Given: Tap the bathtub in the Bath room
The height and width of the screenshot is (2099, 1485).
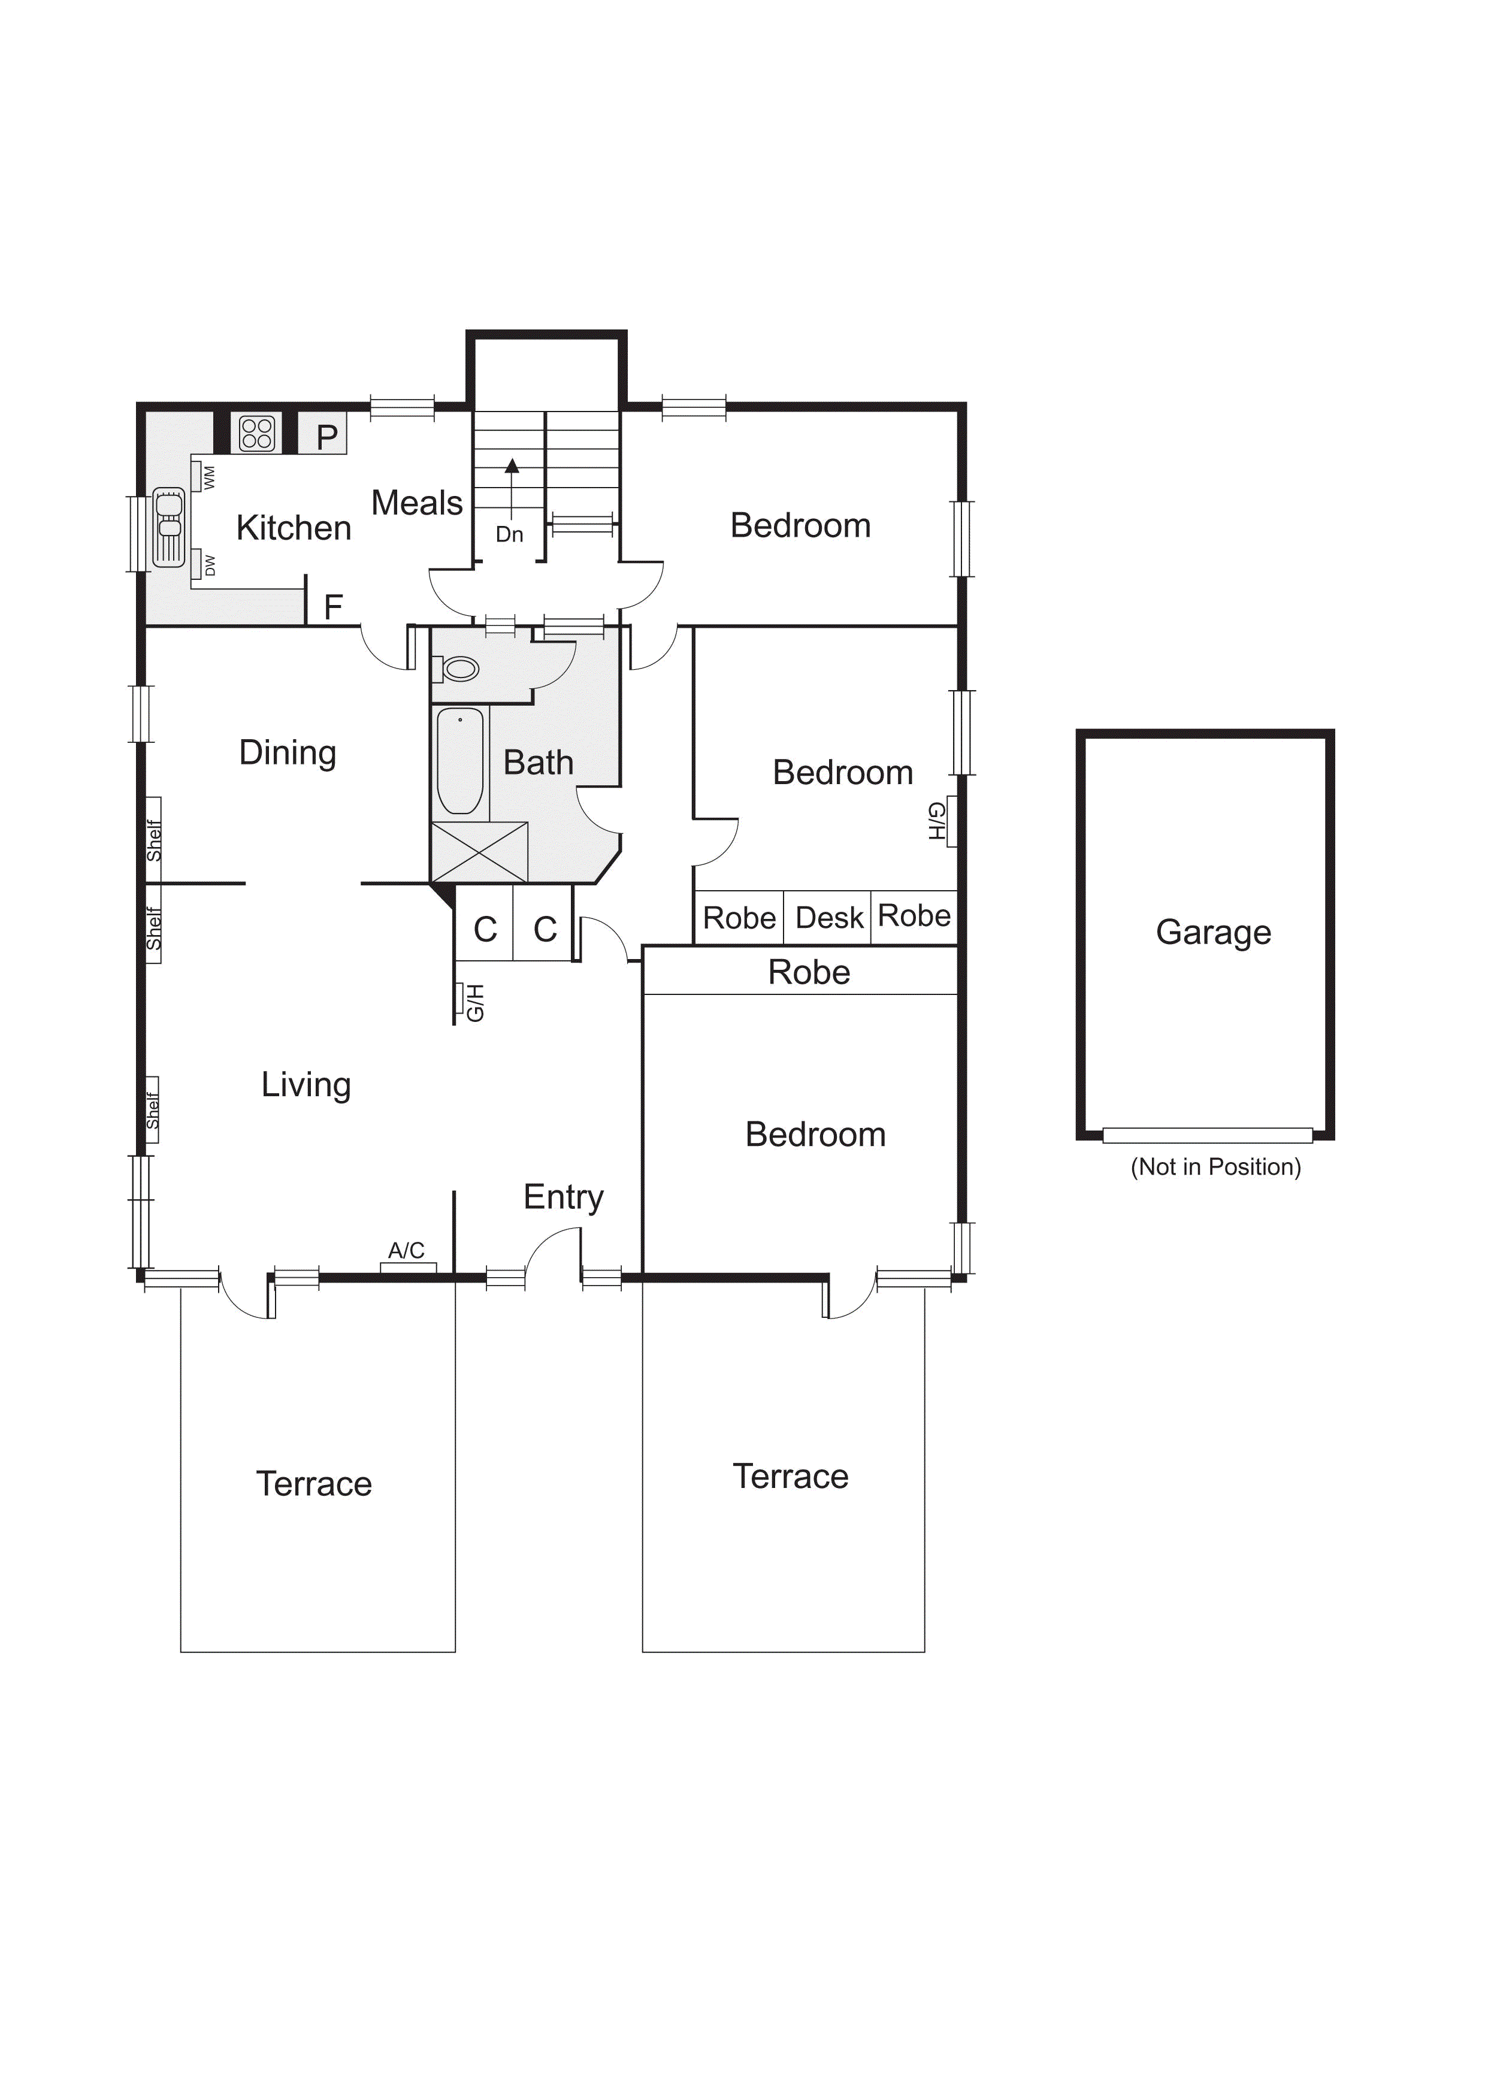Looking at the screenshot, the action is (460, 761).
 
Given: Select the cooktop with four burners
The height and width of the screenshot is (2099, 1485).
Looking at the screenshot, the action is (257, 433).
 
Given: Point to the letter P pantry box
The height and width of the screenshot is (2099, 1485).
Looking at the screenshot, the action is (323, 435).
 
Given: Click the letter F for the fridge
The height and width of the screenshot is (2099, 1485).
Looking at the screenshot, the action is (334, 606).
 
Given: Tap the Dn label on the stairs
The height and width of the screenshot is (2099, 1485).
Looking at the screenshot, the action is (509, 534).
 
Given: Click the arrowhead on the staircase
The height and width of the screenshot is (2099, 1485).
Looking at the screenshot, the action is (512, 465).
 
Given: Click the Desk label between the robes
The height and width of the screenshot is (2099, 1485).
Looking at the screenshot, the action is (830, 917).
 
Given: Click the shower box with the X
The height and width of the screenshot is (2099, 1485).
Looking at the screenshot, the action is (479, 852).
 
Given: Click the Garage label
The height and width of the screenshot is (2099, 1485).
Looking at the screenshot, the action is (1214, 933).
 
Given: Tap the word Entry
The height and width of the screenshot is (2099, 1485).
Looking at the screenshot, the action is (563, 1197).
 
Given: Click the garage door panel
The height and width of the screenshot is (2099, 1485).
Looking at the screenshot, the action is (1207, 1135).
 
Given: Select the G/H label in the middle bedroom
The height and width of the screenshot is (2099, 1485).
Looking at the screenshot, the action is (936, 821).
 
